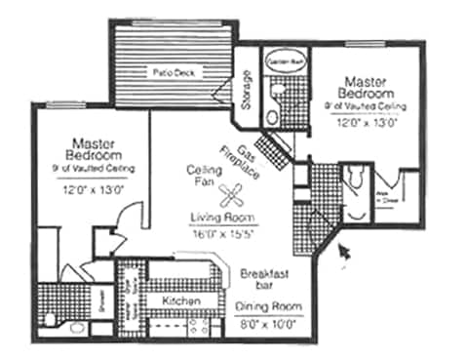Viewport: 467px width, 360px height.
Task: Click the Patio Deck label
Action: click(x=172, y=72)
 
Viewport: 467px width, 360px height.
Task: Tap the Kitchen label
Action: click(x=180, y=300)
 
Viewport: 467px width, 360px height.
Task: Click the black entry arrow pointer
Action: click(x=342, y=255)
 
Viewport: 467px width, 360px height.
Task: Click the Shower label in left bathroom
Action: click(x=102, y=304)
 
